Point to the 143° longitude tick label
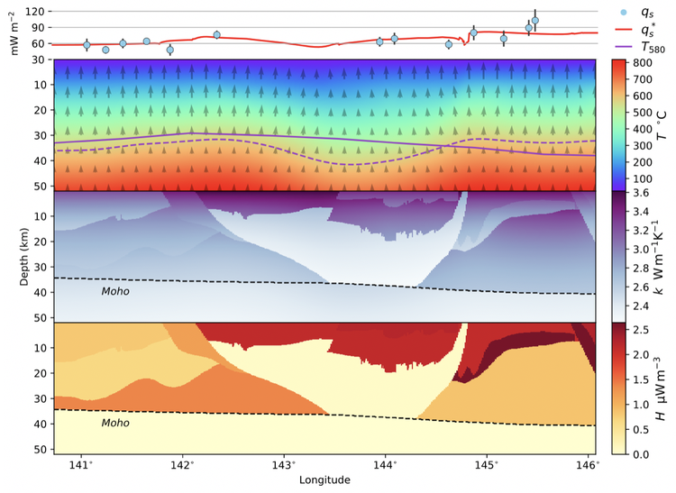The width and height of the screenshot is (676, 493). [x=283, y=465]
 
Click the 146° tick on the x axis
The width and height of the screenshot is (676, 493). [x=586, y=465]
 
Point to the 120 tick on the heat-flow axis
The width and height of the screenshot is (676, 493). [x=36, y=12]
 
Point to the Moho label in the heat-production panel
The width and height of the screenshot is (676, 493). [x=114, y=423]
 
